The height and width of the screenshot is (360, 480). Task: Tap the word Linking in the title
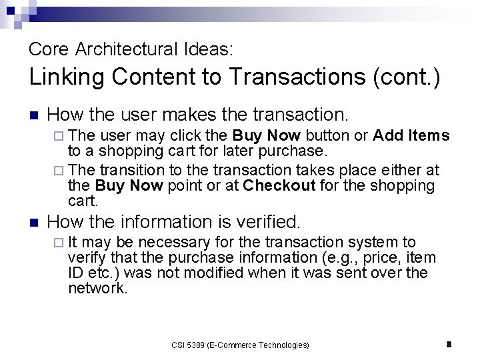pyautogui.click(x=67, y=77)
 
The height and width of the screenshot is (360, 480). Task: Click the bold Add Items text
pyautogui.click(x=411, y=135)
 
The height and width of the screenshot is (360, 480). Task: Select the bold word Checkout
pyautogui.click(x=279, y=186)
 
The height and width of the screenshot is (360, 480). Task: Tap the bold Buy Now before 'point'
pyautogui.click(x=129, y=186)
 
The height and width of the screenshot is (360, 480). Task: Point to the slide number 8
pyautogui.click(x=449, y=345)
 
